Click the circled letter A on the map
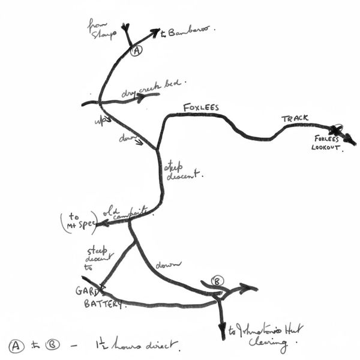(x=136, y=51)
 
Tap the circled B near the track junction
(x=218, y=281)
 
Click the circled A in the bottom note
(x=16, y=346)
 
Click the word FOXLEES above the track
(x=201, y=107)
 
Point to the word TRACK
(x=295, y=119)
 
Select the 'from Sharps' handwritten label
(x=104, y=29)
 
